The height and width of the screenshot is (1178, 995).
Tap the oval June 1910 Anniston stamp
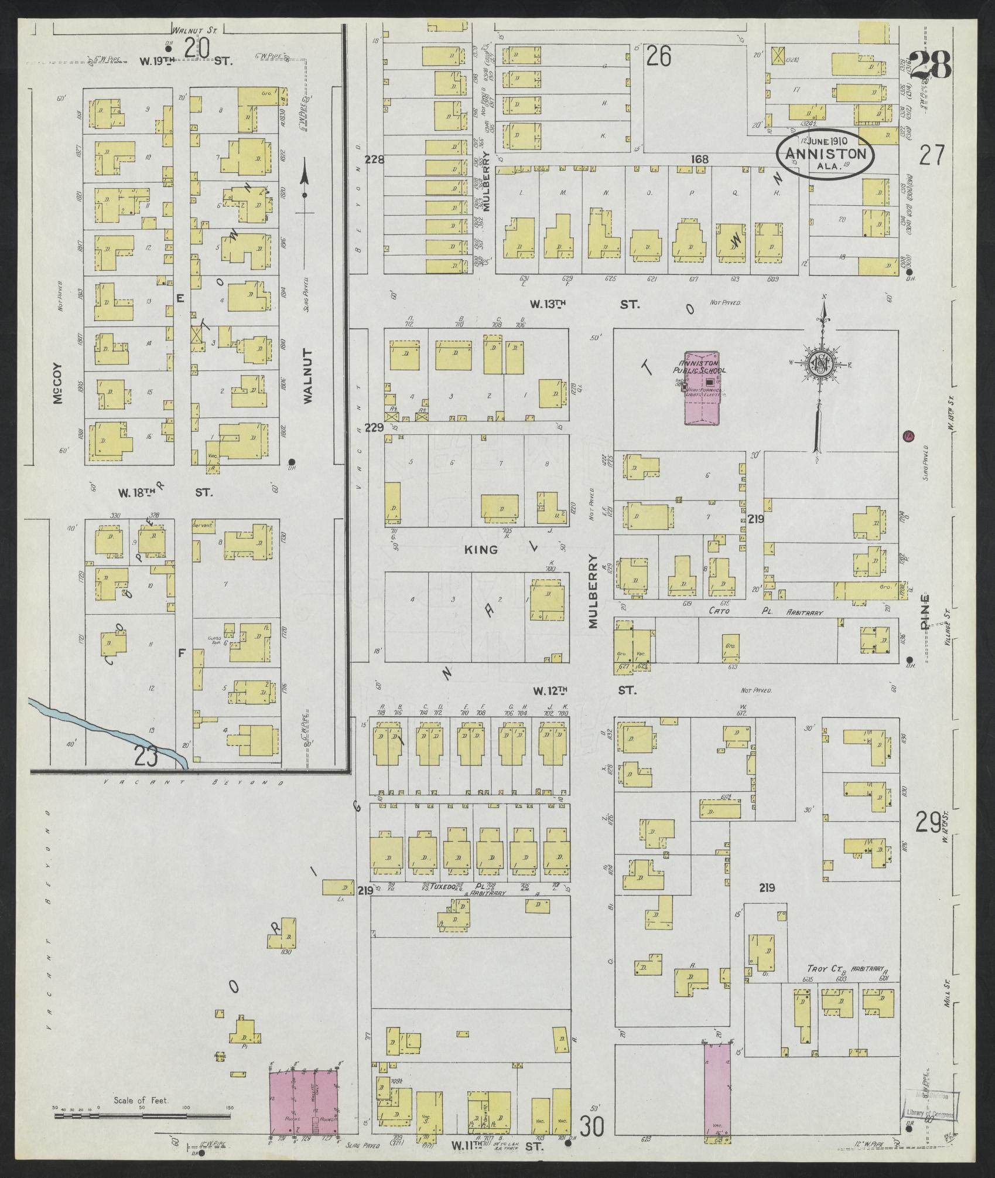(825, 152)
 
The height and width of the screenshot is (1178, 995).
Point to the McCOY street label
(57, 386)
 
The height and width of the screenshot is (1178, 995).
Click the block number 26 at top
(658, 57)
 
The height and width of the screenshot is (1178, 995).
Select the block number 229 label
(374, 428)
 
